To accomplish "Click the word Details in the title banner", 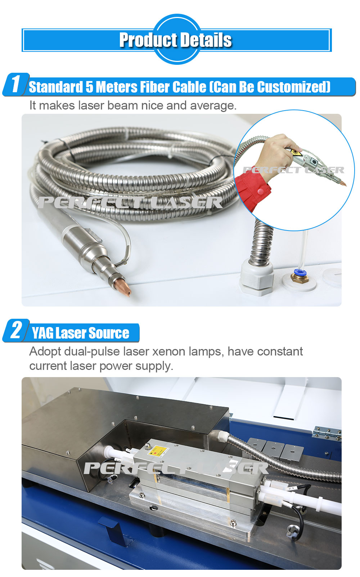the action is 206,40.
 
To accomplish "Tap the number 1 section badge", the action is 16,84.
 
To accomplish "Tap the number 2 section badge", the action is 16,330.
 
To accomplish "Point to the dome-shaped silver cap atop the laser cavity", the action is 148,446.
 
